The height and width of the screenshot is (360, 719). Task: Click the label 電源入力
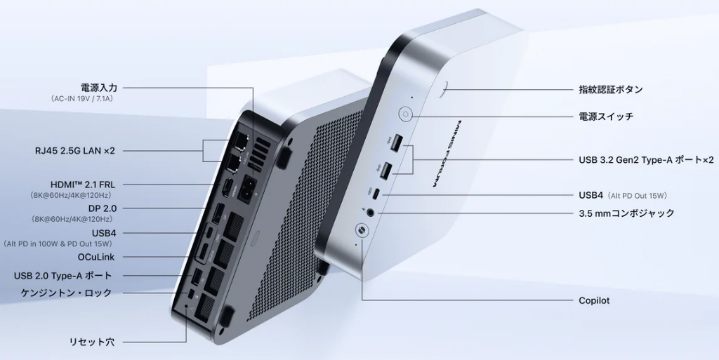coord(98,88)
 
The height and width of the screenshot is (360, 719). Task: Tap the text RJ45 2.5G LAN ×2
coord(74,151)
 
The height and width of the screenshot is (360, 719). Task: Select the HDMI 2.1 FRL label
coord(83,185)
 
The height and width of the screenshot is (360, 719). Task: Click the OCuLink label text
coord(95,257)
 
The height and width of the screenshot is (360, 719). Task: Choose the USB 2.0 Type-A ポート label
coord(62,276)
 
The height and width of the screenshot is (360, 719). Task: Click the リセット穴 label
coord(92,342)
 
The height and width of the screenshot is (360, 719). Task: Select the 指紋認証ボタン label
coord(611,89)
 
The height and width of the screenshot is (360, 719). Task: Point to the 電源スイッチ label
coord(606,116)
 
